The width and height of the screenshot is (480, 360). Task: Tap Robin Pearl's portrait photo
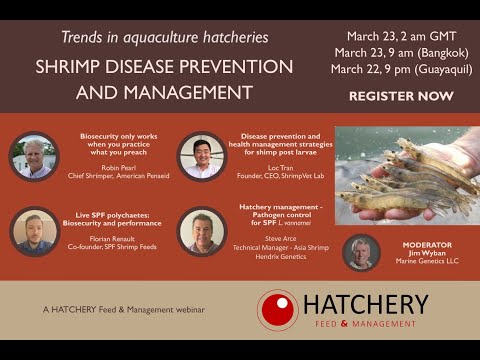point(34,156)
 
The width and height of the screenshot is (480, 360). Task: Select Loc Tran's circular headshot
point(201,156)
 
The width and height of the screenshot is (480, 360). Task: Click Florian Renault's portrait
point(34,230)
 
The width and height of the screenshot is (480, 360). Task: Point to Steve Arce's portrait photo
point(201,230)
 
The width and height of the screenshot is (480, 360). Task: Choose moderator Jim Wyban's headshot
point(361,253)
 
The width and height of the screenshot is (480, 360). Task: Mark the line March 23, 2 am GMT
point(397,33)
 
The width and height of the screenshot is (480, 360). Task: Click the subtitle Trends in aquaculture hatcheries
point(164,37)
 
